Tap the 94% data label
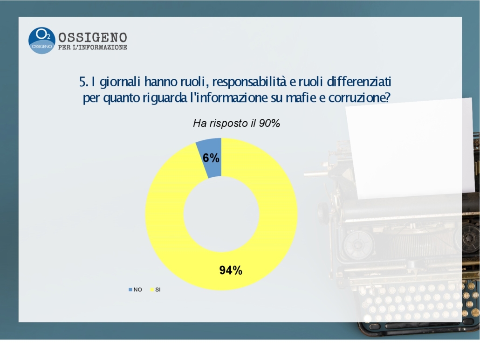231,270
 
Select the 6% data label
211,158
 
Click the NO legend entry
135,290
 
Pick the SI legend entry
155,290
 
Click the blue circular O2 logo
41,41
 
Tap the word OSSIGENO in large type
92,37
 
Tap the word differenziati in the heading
359,82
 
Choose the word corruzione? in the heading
359,98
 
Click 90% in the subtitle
269,123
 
